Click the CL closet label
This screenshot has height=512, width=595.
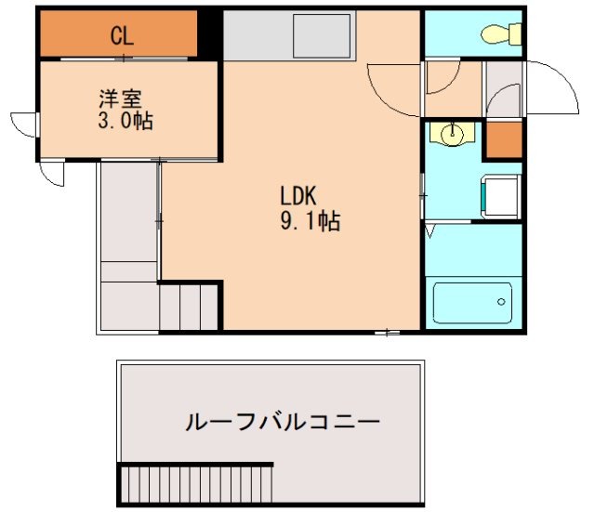click(x=123, y=36)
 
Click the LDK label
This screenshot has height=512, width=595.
click(x=299, y=196)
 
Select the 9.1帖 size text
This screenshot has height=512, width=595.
click(x=310, y=221)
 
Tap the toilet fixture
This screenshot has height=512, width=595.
click(x=499, y=35)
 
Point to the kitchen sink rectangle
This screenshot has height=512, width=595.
click(x=322, y=37)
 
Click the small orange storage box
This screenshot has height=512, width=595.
click(x=505, y=138)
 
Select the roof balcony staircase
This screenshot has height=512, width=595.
click(x=195, y=484)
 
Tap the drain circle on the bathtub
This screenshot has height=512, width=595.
click(x=501, y=302)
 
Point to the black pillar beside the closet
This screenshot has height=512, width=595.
click(x=210, y=34)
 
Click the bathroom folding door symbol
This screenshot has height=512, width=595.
click(x=430, y=230)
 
